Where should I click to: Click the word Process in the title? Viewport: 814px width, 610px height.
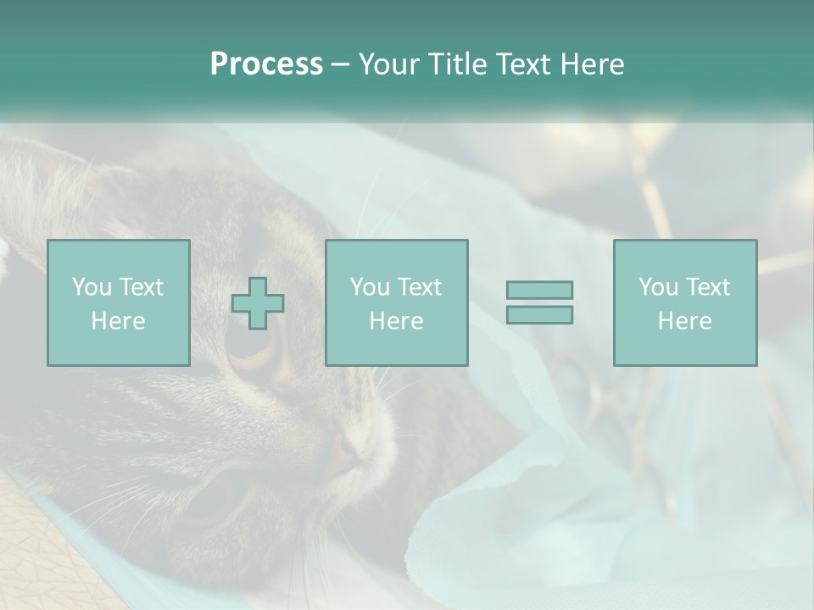click(266, 64)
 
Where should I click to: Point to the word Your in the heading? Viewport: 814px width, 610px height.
click(389, 64)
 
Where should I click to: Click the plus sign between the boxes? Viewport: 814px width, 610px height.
click(258, 303)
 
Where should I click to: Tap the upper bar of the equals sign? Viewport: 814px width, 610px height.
click(539, 290)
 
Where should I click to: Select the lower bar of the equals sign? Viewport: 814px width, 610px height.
click(539, 314)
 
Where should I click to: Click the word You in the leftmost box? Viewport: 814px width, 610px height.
click(92, 287)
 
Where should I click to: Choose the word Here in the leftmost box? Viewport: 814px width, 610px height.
click(118, 321)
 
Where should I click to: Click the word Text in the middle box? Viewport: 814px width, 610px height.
click(419, 287)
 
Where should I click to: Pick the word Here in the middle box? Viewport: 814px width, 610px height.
click(397, 321)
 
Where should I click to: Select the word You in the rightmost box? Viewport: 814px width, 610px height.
click(658, 287)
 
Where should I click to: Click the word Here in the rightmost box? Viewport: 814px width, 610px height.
click(685, 321)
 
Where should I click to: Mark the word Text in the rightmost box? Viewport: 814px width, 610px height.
click(707, 287)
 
